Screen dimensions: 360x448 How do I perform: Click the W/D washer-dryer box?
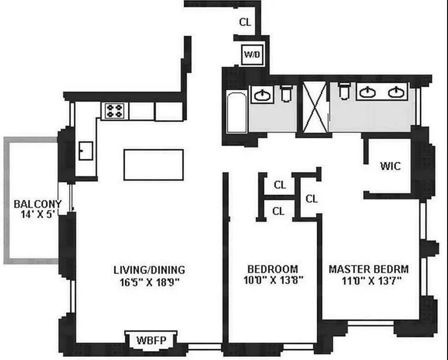[251, 55]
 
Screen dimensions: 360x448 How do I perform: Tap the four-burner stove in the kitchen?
[114, 111]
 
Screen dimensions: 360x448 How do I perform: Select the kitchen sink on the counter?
[86, 150]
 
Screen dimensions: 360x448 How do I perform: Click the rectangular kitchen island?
[154, 165]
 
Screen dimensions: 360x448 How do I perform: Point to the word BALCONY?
[37, 204]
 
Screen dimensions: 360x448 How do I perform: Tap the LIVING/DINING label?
[149, 270]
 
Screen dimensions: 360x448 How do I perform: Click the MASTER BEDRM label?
[368, 269]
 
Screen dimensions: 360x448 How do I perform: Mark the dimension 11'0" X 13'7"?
[368, 280]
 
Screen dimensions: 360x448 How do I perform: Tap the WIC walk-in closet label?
[389, 166]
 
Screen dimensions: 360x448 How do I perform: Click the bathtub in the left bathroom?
[237, 112]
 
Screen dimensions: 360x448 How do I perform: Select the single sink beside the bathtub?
[262, 94]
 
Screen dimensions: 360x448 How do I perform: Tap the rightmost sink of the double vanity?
[396, 92]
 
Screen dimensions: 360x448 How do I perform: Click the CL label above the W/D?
[245, 22]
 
